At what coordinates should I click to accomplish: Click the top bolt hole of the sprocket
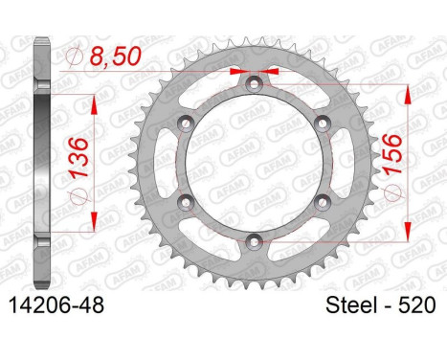[x=254, y=84]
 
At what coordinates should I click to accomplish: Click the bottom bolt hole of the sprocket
[x=254, y=241]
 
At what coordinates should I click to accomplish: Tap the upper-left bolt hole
[x=186, y=124]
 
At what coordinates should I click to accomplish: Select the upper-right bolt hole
[x=323, y=124]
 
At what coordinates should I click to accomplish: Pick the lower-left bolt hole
[x=186, y=202]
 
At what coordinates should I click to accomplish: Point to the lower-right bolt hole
[x=323, y=202]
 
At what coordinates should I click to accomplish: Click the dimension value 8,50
[x=115, y=56]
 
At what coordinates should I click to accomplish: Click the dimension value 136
[x=78, y=157]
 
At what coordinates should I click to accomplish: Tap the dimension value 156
[x=391, y=155]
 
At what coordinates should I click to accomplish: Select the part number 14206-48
[x=57, y=305]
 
